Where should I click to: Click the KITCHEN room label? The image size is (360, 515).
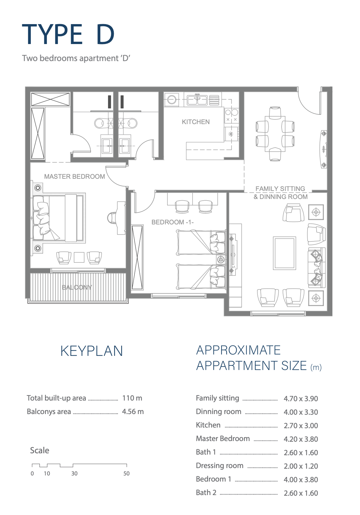click(x=196, y=122)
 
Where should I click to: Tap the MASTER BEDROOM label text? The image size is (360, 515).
click(x=75, y=176)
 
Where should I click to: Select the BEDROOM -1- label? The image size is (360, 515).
click(x=173, y=222)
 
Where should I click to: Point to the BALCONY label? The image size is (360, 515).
click(x=77, y=287)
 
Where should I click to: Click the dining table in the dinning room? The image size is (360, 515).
click(x=275, y=134)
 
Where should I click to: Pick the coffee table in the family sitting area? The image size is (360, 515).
click(x=284, y=253)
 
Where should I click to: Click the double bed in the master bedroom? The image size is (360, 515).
click(x=58, y=218)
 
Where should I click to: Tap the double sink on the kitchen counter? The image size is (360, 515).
click(x=197, y=100)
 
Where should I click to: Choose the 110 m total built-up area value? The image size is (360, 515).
click(x=132, y=398)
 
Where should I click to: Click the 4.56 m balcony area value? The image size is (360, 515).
click(x=133, y=411)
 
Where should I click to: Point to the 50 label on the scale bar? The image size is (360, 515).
click(x=126, y=474)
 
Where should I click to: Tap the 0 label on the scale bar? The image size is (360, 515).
click(x=32, y=474)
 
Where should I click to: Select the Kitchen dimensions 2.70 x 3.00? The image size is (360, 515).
click(x=301, y=426)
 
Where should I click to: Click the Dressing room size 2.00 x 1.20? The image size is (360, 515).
click(x=301, y=466)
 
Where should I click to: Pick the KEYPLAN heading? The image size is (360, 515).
click(x=92, y=351)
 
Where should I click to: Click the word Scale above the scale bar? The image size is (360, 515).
click(x=40, y=450)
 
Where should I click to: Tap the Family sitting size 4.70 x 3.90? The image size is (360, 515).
click(x=301, y=398)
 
